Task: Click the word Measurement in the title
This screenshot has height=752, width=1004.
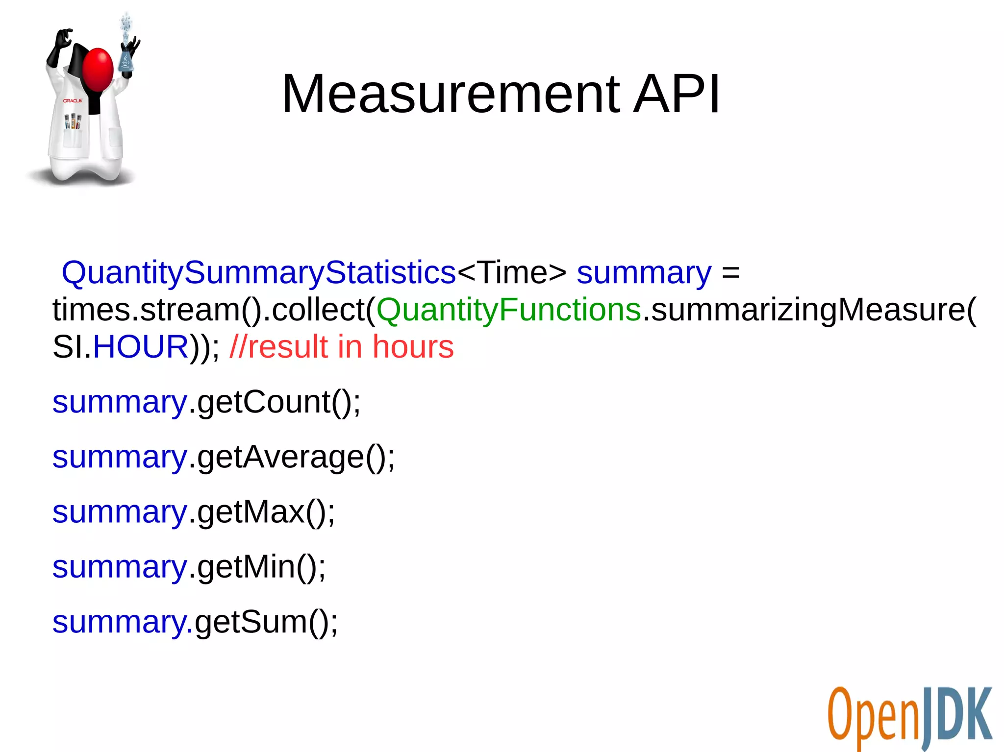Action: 450,94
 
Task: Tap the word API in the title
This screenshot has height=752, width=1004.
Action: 677,94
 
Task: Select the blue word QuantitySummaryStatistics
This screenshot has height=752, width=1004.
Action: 259,272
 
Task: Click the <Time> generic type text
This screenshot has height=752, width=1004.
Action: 511,272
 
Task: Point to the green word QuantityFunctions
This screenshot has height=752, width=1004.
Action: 508,310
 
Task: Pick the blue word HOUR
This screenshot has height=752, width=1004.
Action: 141,347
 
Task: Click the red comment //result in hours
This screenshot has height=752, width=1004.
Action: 342,347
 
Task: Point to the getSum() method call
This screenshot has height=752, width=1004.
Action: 266,622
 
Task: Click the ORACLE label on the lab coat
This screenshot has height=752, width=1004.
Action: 73,100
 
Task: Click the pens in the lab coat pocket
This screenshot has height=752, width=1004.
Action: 73,121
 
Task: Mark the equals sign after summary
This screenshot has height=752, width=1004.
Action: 730,273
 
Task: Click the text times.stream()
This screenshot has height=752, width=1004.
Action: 157,310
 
